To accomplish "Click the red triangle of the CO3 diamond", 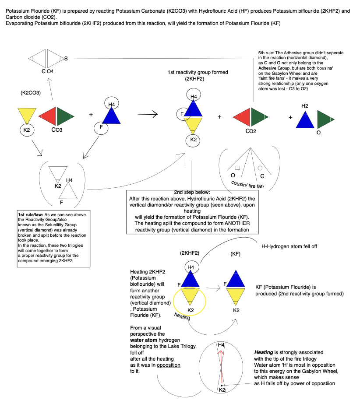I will tap(49, 116).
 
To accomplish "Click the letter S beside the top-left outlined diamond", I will tap(66, 58).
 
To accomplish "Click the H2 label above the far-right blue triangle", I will tap(305, 106).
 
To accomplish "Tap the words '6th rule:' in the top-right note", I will tap(267, 53).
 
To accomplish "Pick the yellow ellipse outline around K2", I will tap(190, 301).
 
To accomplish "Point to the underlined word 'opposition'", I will tap(168, 365).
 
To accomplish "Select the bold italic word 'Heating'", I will tap(264, 352).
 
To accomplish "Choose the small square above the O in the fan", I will tap(237, 168).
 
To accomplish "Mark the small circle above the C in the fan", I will tap(260, 168).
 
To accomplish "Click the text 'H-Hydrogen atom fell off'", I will tap(289, 246).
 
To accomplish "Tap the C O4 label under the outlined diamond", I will tap(47, 71).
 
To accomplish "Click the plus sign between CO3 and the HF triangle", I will tap(91, 115).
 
